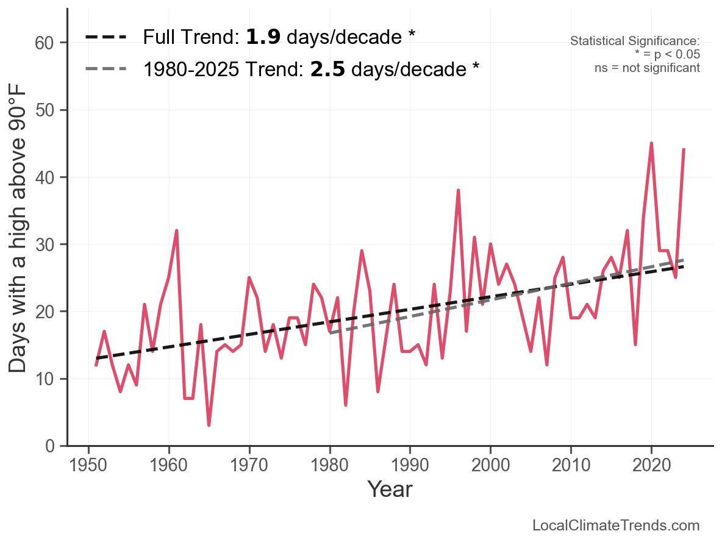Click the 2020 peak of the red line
651,144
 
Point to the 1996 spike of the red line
458,191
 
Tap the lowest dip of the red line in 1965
209,424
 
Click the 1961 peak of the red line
177,231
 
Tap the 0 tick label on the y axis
51,446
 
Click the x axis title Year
390,490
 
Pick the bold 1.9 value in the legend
263,37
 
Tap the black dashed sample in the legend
105,37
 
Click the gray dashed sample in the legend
105,69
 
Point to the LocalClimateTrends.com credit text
616,526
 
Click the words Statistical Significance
635,41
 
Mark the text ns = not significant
647,68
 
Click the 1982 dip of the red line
346,404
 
